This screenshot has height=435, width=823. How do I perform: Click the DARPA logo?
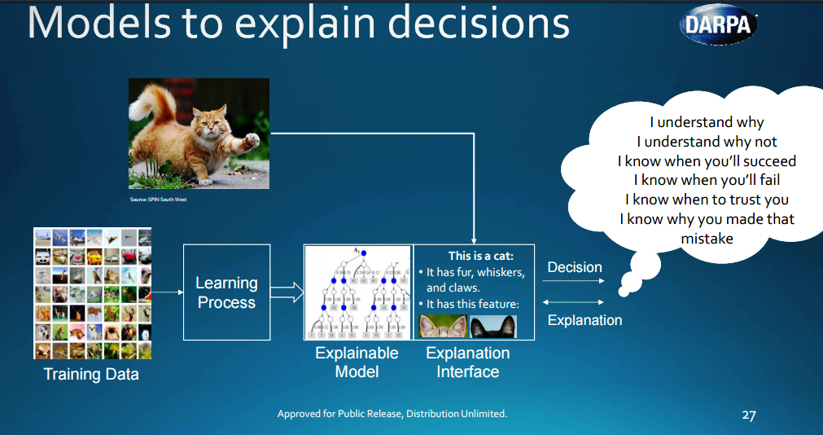pos(717,24)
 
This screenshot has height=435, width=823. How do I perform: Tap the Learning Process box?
pos(226,292)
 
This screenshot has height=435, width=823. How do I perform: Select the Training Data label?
pos(91,375)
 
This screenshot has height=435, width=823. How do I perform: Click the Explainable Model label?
pos(357,362)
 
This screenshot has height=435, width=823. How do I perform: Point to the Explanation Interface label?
pos(467,362)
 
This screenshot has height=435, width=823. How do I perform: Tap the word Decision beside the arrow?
pos(574,267)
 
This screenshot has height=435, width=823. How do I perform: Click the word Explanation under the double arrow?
pos(584,320)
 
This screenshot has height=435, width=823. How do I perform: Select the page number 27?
pos(749,415)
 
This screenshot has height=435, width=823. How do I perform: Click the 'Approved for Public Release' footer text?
pos(392,414)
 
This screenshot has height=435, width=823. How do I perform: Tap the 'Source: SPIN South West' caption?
pos(158,200)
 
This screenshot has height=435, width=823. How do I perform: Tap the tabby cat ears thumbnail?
pos(442,326)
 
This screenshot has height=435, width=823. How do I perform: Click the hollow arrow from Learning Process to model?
pos(286,292)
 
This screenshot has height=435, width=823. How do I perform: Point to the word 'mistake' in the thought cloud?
pos(707,239)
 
